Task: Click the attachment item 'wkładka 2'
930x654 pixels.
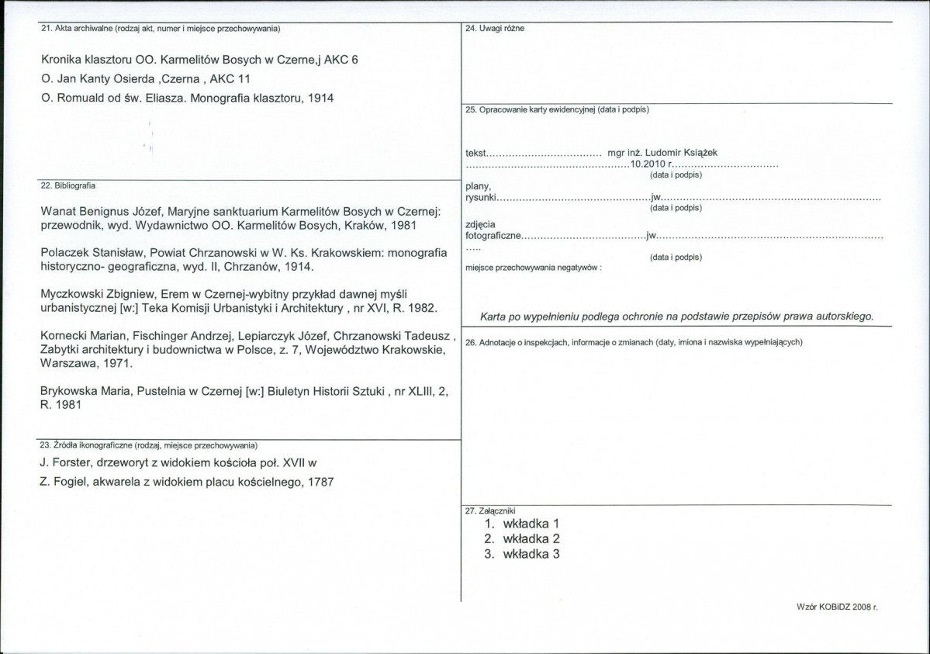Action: (531, 538)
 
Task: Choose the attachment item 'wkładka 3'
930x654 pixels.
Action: (531, 554)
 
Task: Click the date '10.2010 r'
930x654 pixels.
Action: (652, 164)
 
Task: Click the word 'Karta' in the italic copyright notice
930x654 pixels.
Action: (496, 316)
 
